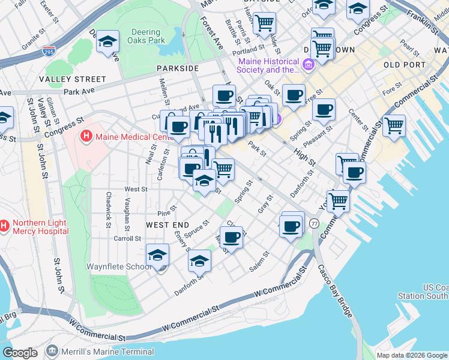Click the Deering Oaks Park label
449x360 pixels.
[145, 37]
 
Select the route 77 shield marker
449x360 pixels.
[314, 223]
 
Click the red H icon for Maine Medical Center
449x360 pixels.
[86, 136]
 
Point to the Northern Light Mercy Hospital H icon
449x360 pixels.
[4, 226]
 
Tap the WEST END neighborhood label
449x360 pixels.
[167, 224]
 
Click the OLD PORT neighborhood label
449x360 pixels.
[400, 64]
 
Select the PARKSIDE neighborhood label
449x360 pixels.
[178, 68]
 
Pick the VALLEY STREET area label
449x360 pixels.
[72, 79]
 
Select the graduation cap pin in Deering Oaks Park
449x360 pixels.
[107, 41]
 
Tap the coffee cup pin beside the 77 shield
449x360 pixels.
[292, 226]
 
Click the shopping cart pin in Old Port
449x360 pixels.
[394, 125]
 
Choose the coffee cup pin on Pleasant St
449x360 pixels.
[324, 110]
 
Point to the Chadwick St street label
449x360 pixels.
[109, 209]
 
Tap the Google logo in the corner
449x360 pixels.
[20, 352]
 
